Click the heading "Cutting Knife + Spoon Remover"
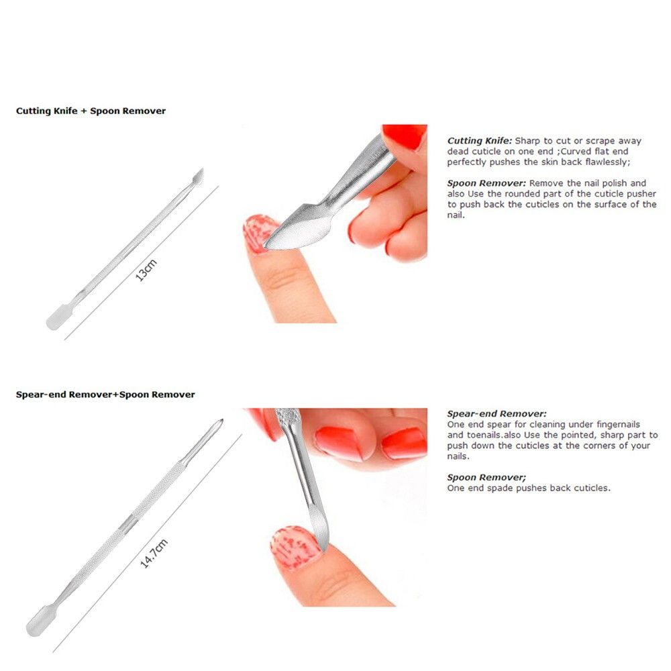coord(91,111)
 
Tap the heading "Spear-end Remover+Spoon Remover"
coord(105,395)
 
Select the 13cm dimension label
coord(146,270)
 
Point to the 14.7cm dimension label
coord(154,554)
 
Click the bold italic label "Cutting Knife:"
coord(479,141)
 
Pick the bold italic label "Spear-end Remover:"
coord(497,414)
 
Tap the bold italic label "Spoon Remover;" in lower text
coord(486,478)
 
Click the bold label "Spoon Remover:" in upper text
coord(486,183)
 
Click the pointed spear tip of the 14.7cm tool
coord(221,421)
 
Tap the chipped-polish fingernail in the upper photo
coord(258,234)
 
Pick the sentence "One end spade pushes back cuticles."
coord(529,488)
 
